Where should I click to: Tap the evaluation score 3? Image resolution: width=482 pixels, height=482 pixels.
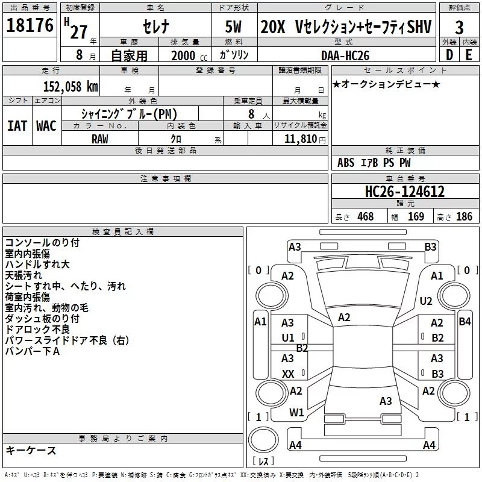click(459, 28)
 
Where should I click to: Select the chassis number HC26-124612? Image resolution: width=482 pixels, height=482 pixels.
click(405, 192)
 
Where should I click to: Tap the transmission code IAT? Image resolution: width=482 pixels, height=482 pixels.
click(16, 126)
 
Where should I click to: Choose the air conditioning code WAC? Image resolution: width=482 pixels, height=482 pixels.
click(46, 126)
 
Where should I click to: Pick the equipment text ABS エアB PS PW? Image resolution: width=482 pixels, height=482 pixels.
click(374, 163)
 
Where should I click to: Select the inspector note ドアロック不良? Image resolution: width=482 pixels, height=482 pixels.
click(37, 330)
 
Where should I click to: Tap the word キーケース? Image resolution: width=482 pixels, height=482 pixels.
click(31, 451)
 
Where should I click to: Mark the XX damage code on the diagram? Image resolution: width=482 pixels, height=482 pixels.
click(288, 374)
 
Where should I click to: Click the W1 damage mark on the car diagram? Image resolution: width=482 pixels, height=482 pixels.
click(296, 413)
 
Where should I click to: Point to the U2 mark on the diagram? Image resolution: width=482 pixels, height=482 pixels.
click(426, 301)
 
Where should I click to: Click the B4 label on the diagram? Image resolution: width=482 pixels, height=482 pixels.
click(465, 322)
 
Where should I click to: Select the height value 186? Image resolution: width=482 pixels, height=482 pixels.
click(464, 217)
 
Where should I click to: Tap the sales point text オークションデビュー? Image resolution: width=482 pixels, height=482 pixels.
click(386, 84)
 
